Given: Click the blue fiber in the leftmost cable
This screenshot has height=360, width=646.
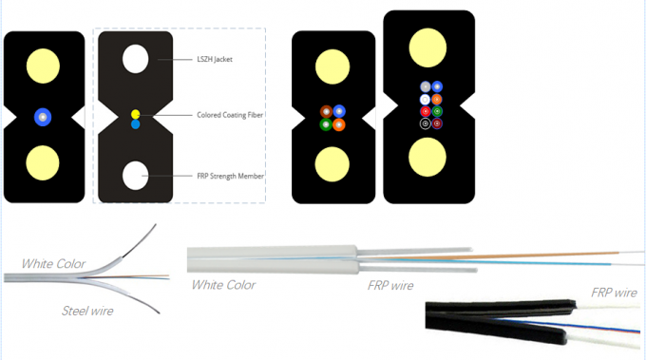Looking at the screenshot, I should tap(41, 117).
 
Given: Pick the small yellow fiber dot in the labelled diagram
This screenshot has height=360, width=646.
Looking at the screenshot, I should tap(136, 114).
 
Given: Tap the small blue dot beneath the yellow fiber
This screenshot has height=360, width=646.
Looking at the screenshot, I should tap(136, 124).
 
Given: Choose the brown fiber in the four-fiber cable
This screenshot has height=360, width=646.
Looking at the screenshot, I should tap(326, 111).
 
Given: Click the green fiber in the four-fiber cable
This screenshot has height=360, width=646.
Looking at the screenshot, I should tap(326, 124).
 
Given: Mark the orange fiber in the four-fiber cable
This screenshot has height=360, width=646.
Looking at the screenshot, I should tap(339, 124).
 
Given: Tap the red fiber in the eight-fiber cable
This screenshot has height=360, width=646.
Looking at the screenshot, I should tap(425, 111).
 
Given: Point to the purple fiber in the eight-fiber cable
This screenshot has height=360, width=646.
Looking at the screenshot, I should tap(437, 123).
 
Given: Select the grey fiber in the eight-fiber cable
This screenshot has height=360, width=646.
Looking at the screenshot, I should tap(425, 87).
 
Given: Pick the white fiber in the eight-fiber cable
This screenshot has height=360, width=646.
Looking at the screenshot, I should tap(425, 99).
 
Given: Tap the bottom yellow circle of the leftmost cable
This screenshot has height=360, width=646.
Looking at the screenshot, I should tap(41, 162).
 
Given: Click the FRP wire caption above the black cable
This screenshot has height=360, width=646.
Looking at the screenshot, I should tap(614, 293).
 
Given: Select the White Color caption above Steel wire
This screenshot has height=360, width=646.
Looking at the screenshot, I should tap(53, 263).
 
